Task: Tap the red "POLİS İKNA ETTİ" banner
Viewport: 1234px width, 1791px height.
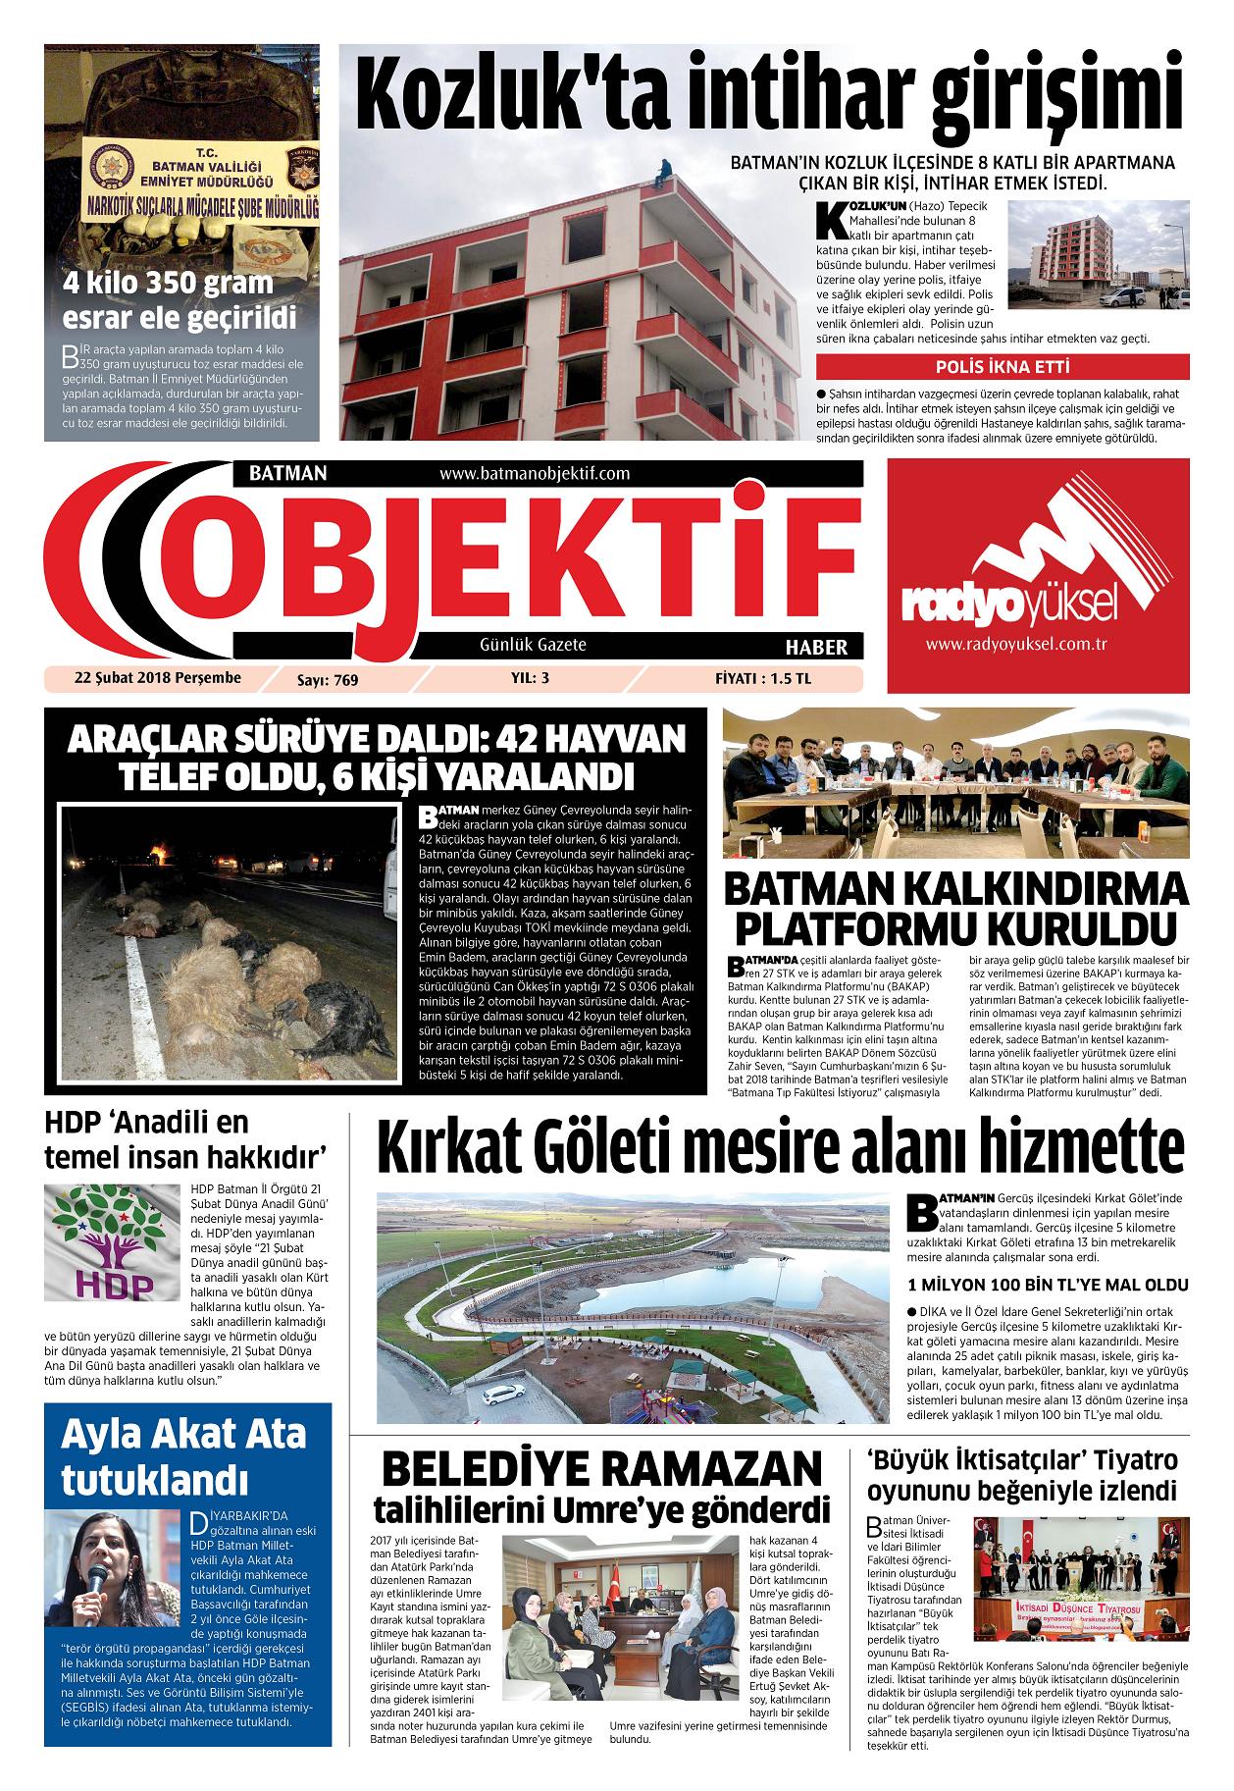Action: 1002,368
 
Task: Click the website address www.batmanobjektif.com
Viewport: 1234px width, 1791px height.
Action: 535,473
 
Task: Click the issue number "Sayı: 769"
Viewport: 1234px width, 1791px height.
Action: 328,679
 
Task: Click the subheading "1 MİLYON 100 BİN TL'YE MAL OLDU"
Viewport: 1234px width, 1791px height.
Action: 1048,1285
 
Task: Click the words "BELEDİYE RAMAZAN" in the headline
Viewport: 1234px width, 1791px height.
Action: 601,1469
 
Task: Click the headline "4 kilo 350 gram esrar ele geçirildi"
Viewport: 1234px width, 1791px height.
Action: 179,300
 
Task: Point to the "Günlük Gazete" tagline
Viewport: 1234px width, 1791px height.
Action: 533,645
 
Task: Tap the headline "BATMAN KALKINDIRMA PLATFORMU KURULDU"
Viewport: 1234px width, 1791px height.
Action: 954,908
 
